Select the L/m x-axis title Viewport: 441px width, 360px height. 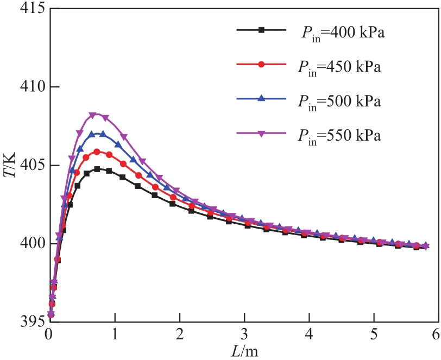(244, 350)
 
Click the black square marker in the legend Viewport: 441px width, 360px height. (261, 30)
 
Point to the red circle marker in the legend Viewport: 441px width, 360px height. (261, 65)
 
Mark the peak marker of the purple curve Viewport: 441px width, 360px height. (93, 115)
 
